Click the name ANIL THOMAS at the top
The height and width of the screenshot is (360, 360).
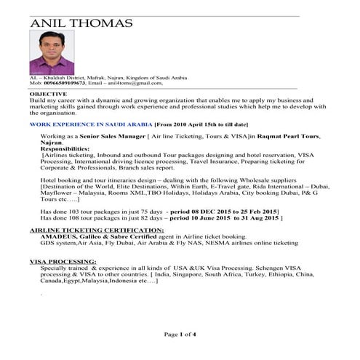(x=81, y=23)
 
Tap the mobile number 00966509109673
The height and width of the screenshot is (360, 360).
(x=65, y=83)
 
